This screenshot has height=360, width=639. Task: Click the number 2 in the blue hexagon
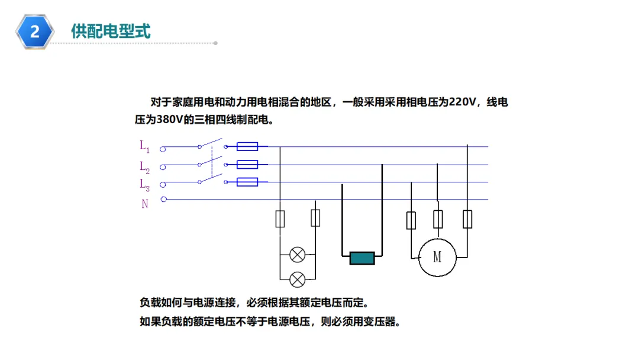tap(35, 31)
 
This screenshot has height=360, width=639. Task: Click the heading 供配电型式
tap(111, 31)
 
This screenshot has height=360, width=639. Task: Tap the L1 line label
tap(144, 146)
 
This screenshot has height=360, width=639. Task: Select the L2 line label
tap(144, 166)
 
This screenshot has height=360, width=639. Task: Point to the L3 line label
tap(144, 184)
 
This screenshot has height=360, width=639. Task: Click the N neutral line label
tap(145, 204)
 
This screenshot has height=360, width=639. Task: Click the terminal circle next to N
tap(164, 200)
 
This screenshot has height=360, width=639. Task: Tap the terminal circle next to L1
tap(163, 149)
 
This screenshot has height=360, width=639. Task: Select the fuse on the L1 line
tap(247, 146)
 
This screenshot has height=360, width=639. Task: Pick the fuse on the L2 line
tap(247, 165)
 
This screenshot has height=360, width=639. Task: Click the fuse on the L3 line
tap(247, 182)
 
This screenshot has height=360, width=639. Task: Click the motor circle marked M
tap(437, 257)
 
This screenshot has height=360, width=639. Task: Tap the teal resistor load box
tap(362, 258)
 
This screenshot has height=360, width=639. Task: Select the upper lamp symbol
tap(298, 255)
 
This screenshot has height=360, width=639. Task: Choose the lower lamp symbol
tap(298, 279)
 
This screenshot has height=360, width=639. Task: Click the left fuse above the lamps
tap(280, 218)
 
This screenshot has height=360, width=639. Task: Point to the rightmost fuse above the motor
tap(467, 219)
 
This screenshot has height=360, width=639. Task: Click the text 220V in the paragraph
tap(461, 102)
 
